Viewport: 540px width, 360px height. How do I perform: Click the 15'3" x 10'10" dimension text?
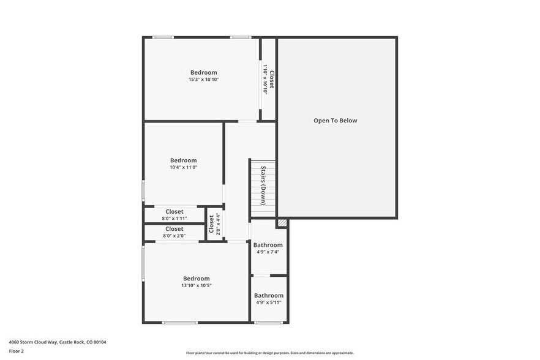203,80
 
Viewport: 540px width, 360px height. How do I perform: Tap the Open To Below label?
335,121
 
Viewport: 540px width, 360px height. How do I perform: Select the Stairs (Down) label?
263,186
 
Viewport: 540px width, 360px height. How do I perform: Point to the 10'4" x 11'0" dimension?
183,167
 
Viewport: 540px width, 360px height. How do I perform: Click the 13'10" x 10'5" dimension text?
197,285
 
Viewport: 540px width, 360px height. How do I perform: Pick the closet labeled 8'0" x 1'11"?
174,215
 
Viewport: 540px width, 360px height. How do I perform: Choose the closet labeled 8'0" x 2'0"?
174,232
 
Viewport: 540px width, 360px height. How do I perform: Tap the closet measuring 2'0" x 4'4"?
215,224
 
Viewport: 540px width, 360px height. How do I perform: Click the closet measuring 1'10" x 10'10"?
268,79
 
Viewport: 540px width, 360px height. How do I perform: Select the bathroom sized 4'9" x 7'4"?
269,248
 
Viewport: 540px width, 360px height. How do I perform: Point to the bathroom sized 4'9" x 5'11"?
269,299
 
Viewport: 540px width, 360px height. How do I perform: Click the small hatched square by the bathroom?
282,223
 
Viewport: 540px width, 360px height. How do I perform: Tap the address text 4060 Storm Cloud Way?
34,342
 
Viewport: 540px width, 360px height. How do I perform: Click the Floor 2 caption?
16,351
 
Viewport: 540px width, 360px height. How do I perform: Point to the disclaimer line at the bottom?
269,353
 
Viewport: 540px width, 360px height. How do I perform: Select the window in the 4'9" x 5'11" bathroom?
269,323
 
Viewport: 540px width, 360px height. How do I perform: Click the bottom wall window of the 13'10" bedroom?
180,323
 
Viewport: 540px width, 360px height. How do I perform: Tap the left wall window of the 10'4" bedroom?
143,190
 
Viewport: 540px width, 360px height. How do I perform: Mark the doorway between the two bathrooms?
262,276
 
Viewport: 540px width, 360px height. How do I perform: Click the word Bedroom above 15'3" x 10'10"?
203,72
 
